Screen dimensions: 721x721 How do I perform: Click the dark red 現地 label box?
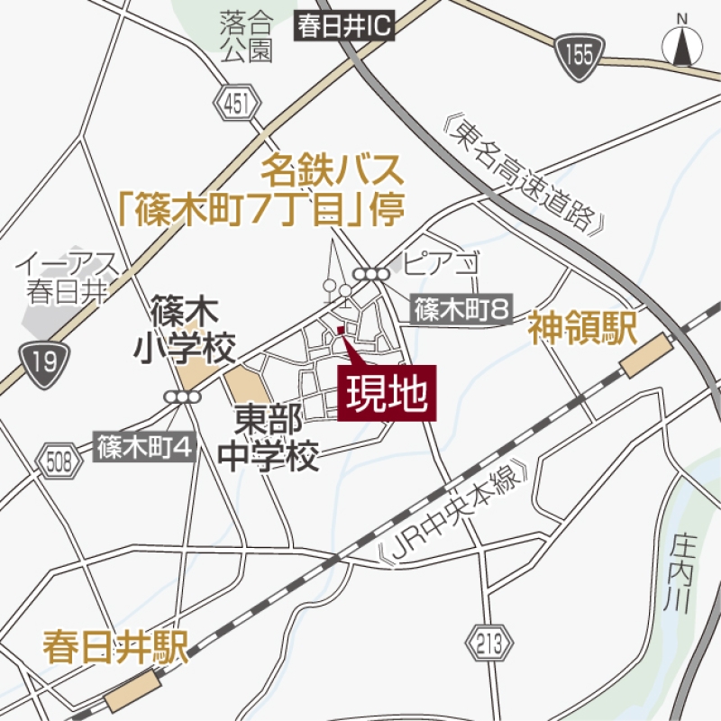coord(387,393)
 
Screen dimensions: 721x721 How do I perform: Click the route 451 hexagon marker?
coord(235,105)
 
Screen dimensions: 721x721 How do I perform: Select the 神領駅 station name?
coord(582,328)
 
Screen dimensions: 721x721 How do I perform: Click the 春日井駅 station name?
coord(114,649)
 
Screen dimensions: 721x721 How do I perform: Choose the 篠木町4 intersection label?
coord(145,446)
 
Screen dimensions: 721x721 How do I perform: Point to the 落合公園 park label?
coord(245,36)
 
